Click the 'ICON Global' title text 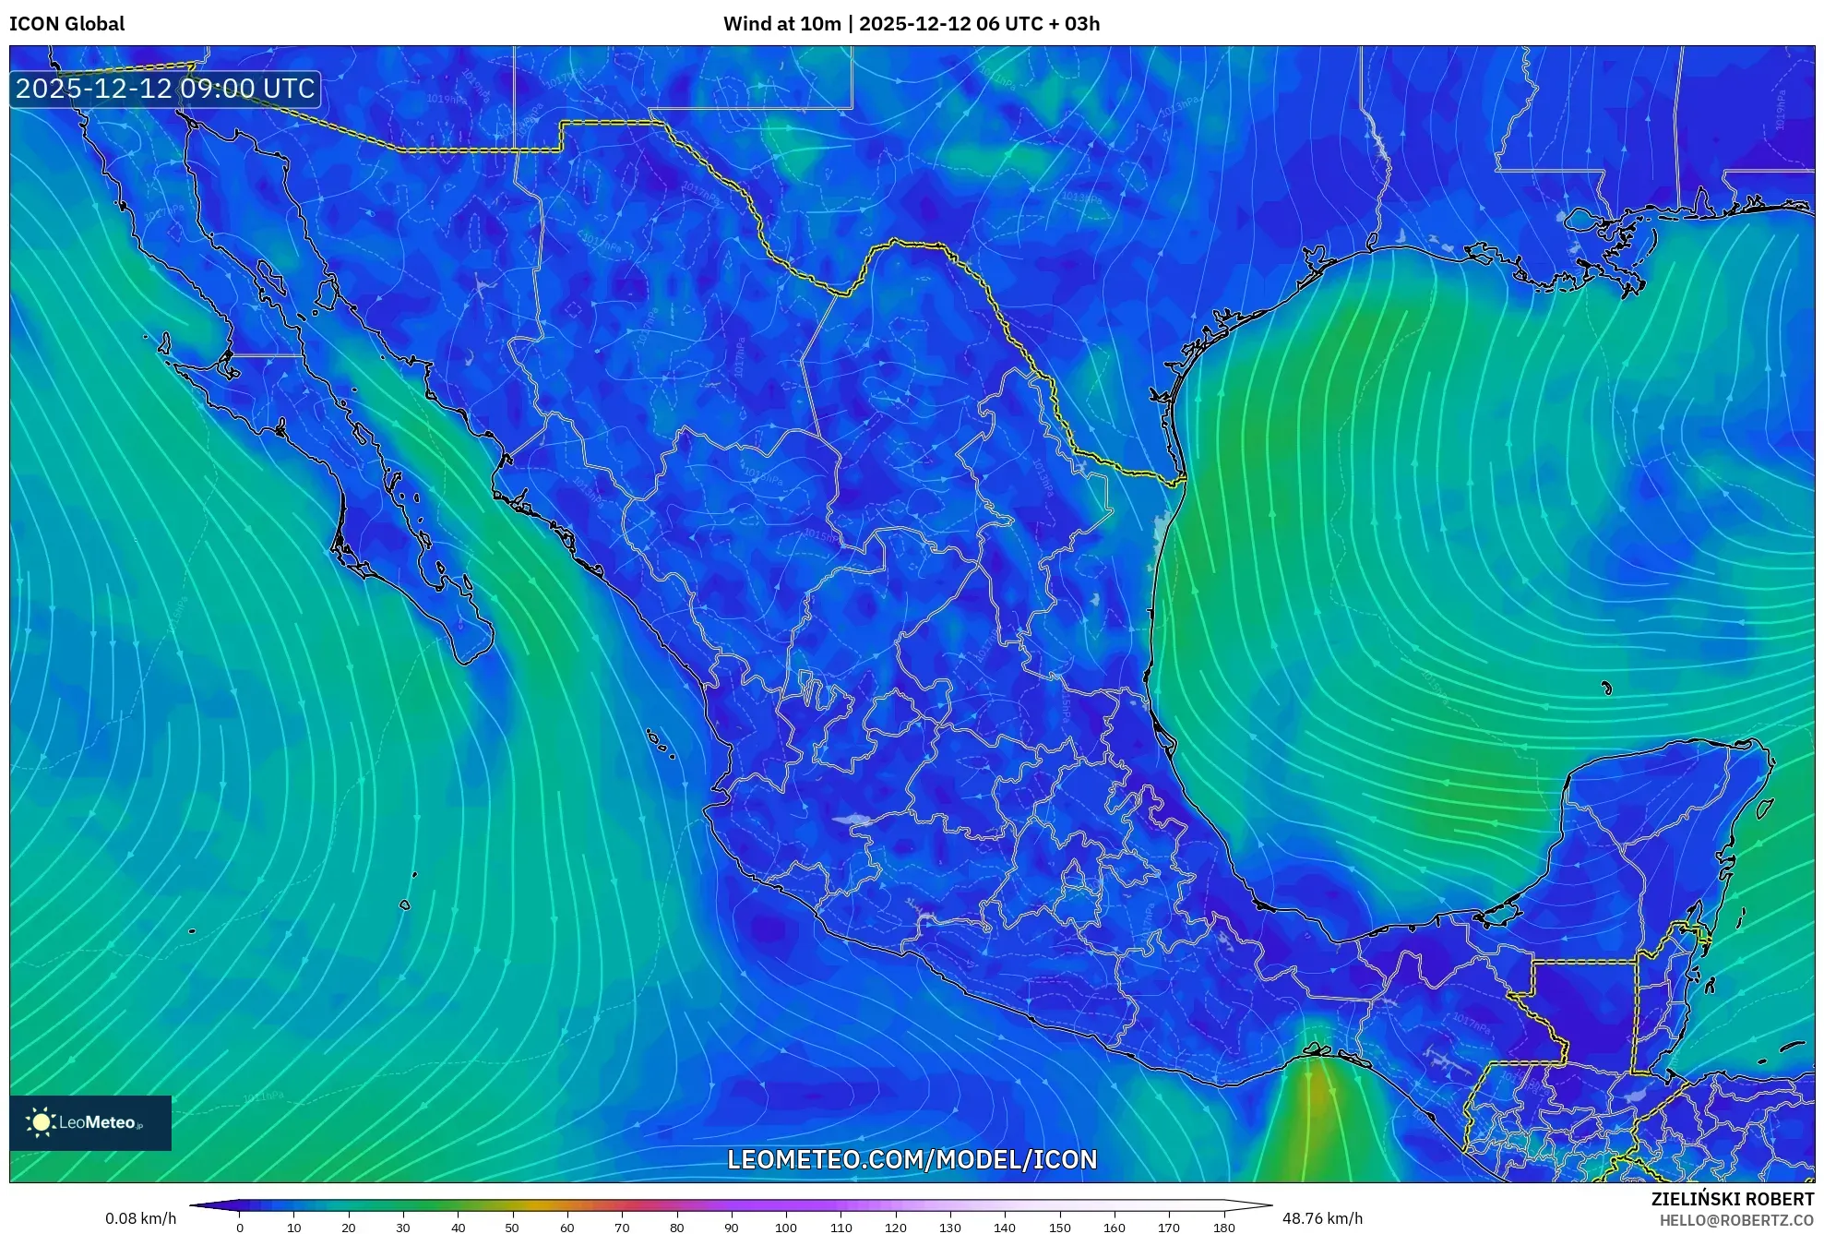click(66, 24)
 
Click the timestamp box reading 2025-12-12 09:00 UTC click(165, 89)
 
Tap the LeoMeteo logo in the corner click(90, 1122)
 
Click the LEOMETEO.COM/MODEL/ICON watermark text click(912, 1159)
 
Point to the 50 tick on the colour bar click(512, 1228)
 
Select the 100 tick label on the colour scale click(785, 1228)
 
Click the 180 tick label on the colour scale click(1223, 1228)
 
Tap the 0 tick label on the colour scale click(240, 1228)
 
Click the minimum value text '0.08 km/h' click(140, 1218)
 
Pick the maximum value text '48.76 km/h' click(1322, 1218)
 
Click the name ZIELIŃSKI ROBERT click(1732, 1199)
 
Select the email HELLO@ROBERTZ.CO click(1736, 1220)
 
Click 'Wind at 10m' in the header click(781, 24)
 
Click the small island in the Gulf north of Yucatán click(1606, 688)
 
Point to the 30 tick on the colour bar click(403, 1228)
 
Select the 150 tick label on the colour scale click(1059, 1228)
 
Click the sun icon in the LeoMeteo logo click(41, 1122)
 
